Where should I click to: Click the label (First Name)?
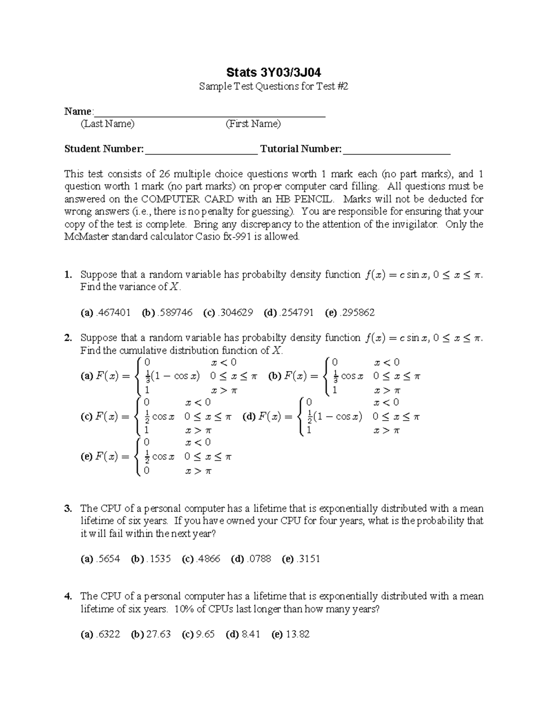[253, 124]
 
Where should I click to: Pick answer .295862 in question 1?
[358, 313]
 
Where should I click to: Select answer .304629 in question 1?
[236, 313]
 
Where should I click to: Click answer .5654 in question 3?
[108, 559]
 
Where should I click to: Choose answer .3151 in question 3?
[308, 559]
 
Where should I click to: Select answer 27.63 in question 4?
[158, 635]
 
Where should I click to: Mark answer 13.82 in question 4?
[297, 635]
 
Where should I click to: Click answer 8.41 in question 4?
[251, 635]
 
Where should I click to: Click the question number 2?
[68, 338]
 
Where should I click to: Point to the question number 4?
[68, 596]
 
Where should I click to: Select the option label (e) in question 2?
[86, 457]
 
